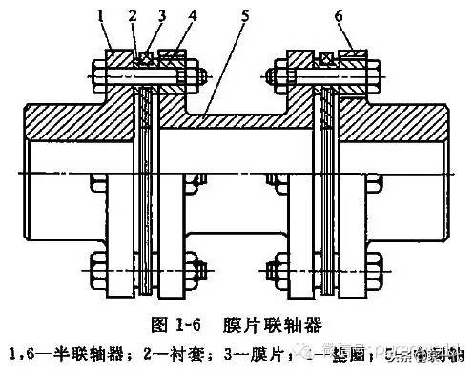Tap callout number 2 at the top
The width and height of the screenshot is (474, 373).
point(134,14)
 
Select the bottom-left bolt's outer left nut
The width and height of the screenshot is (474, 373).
point(98,263)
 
